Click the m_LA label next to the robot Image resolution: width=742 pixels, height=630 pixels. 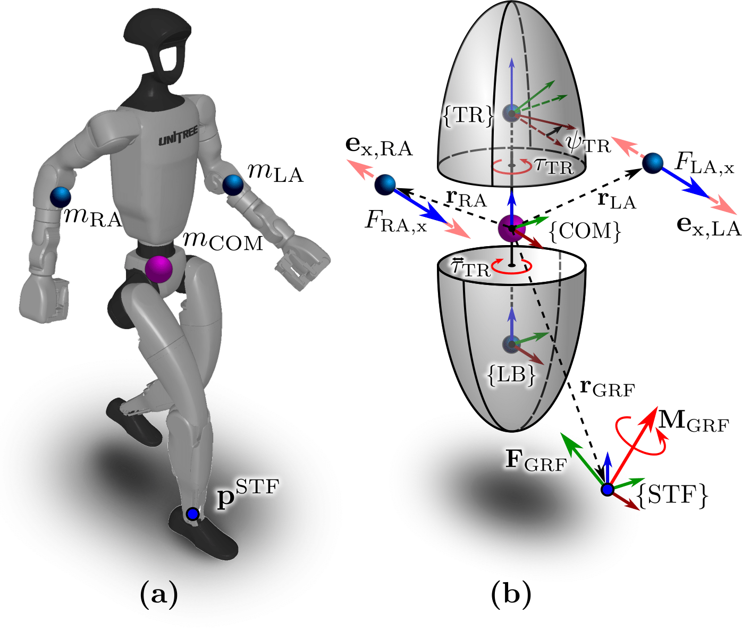click(x=275, y=173)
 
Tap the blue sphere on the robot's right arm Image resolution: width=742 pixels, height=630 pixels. click(x=61, y=197)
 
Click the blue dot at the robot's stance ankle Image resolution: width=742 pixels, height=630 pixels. click(x=192, y=514)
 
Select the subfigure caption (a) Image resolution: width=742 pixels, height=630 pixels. click(x=158, y=594)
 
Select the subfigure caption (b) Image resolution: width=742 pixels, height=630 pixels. click(x=511, y=594)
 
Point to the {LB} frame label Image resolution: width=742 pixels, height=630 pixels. click(x=512, y=375)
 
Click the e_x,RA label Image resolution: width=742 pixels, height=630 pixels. click(x=379, y=147)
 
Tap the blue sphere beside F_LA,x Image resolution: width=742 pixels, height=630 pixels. click(x=653, y=163)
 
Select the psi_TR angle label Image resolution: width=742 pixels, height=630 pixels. click(x=588, y=144)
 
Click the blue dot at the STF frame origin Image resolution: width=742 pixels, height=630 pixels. click(x=607, y=489)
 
